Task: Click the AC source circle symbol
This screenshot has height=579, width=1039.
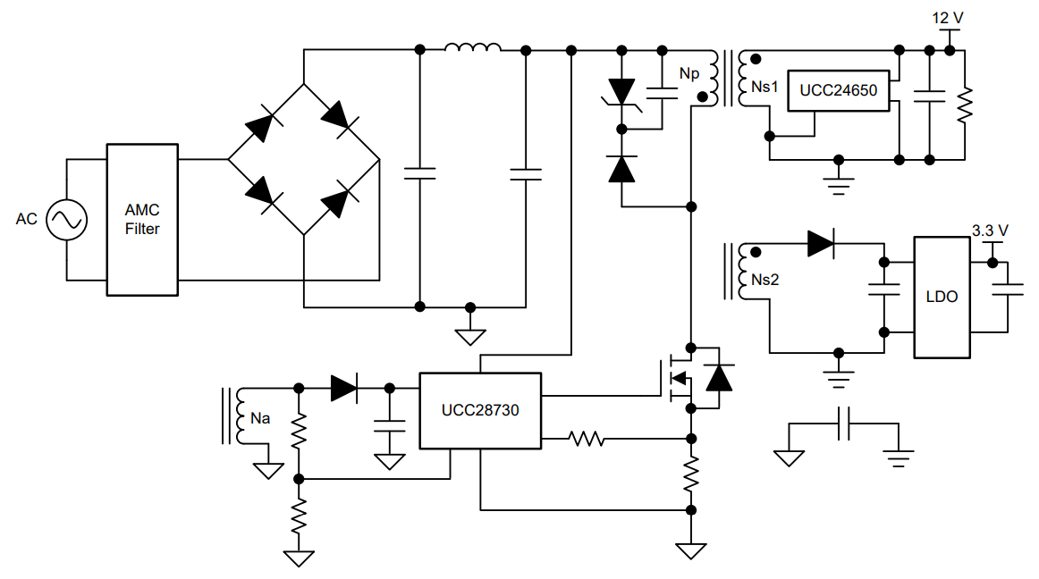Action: tap(67, 219)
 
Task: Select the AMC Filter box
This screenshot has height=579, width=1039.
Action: tap(142, 219)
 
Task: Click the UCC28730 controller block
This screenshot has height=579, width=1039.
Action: tap(480, 410)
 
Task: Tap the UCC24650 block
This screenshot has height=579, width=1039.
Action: tap(838, 90)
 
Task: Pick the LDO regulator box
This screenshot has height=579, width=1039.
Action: tap(942, 297)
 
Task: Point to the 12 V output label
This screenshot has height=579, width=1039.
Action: tap(947, 18)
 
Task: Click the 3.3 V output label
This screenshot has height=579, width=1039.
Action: tap(990, 231)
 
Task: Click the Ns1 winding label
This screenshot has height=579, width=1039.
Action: tap(764, 87)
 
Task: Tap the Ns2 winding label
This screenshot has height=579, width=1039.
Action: tap(764, 280)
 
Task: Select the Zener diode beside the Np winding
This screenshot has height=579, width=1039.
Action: tap(622, 93)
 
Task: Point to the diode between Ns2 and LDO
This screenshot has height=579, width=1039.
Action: tap(820, 244)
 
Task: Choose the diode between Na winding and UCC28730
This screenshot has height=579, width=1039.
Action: tap(343, 388)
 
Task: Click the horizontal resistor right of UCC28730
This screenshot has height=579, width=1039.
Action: tap(587, 439)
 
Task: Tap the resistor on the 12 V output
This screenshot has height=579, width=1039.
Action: tap(965, 105)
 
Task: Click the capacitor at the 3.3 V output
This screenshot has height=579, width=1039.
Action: tap(1008, 289)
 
